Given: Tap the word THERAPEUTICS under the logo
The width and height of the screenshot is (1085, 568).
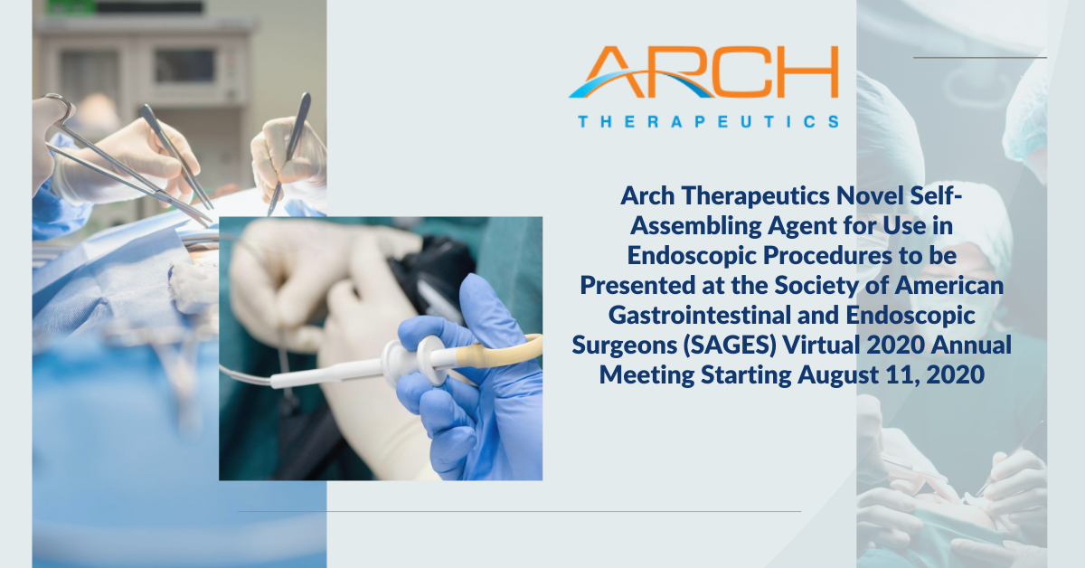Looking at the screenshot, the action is (709, 121).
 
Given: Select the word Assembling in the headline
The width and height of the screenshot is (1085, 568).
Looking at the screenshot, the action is (696, 226).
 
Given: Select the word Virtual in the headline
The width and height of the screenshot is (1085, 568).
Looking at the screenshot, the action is (821, 346).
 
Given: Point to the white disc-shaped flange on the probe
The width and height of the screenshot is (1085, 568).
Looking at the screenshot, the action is (429, 360).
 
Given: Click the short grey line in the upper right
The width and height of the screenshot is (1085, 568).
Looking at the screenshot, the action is (980, 58).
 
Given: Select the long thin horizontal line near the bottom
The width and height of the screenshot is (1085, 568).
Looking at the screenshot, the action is (519, 511).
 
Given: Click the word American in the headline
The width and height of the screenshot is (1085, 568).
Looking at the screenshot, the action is (948, 286).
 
